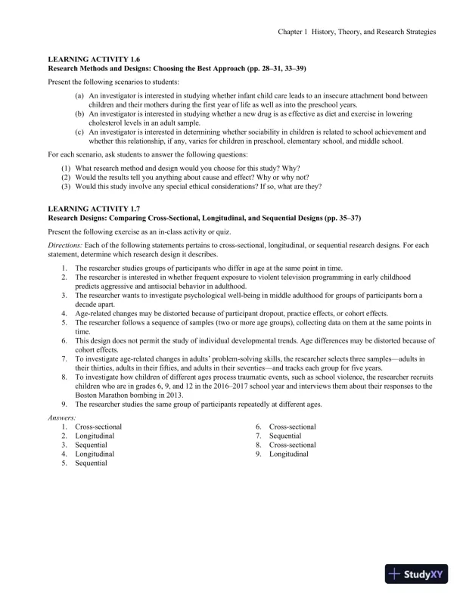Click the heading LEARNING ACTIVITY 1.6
point(94,58)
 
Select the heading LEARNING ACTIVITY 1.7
point(94,209)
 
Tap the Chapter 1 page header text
point(356,32)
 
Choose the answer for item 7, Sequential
point(285,436)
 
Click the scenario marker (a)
point(79,96)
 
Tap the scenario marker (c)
point(79,132)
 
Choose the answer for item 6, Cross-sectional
point(293,427)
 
